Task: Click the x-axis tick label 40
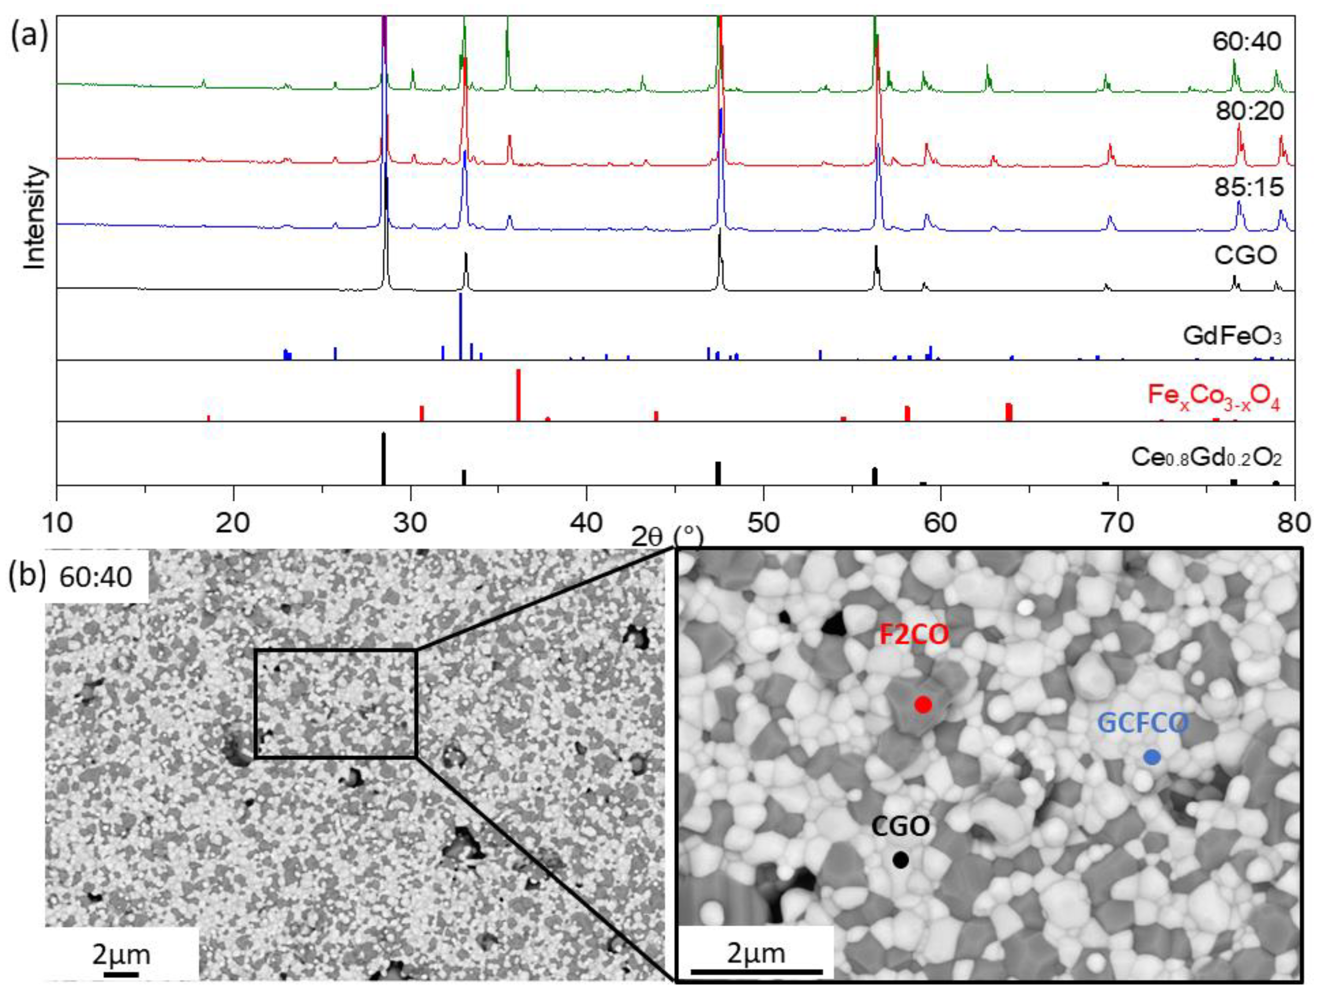click(x=587, y=523)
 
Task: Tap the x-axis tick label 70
click(x=1117, y=523)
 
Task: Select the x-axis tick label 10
click(x=57, y=523)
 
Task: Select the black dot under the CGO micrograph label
click(x=901, y=860)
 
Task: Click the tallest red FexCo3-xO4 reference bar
click(x=518, y=395)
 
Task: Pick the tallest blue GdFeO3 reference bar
click(x=460, y=326)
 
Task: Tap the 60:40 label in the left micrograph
click(x=95, y=578)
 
